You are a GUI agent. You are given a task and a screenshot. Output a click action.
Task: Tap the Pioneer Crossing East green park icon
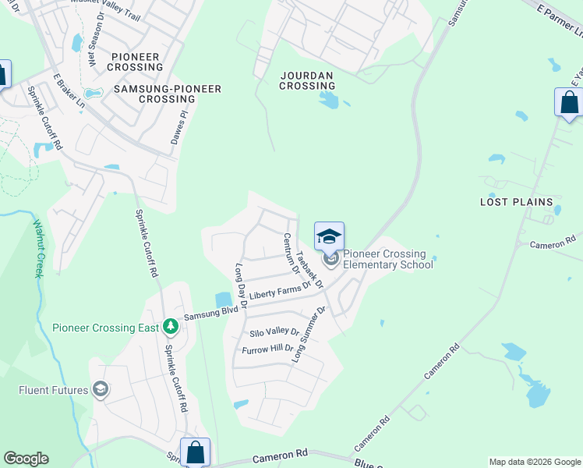pyautogui.click(x=171, y=328)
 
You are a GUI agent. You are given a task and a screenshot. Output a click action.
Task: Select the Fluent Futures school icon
pyautogui.click(x=100, y=388)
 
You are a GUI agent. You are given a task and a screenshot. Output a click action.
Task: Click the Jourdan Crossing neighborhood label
pyautogui.click(x=306, y=80)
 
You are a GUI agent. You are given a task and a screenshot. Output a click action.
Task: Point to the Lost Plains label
pyautogui.click(x=515, y=202)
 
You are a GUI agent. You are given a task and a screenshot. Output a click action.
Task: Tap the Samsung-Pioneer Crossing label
pyautogui.click(x=168, y=94)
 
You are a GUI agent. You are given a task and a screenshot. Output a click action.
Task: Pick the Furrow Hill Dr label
pyautogui.click(x=267, y=349)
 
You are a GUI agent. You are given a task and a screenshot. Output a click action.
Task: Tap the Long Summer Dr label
pyautogui.click(x=309, y=334)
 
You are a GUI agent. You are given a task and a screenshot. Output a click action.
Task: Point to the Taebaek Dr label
pyautogui.click(x=309, y=269)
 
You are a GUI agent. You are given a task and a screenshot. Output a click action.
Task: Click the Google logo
pyautogui.click(x=26, y=459)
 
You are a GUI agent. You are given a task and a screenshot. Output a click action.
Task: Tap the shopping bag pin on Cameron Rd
pyautogui.click(x=195, y=452)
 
